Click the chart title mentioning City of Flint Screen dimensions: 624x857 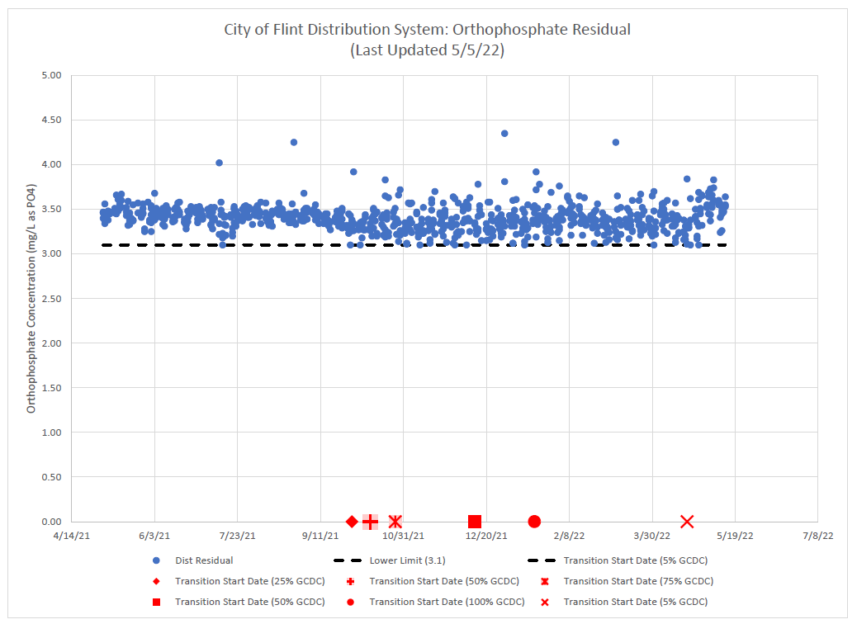tap(427, 30)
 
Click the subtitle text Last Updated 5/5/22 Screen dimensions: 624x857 tap(427, 50)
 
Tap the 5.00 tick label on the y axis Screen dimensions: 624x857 tap(51, 75)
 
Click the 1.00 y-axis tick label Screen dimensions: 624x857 tap(51, 433)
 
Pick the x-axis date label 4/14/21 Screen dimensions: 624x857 tap(71, 536)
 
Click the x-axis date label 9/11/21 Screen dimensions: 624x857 tap(320, 536)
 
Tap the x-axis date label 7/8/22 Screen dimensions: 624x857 tap(817, 536)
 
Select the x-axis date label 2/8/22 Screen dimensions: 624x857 tap(569, 536)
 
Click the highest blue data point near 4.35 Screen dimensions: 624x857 tap(504, 133)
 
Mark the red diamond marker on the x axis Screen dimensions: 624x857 tap(352, 522)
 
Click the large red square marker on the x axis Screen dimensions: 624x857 tap(475, 522)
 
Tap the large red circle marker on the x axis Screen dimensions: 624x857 tap(534, 522)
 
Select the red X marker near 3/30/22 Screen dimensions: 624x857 tap(687, 522)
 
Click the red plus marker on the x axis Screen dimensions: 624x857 tap(370, 522)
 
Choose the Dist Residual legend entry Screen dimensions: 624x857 tap(203, 560)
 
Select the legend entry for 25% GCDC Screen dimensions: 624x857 tap(249, 581)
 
